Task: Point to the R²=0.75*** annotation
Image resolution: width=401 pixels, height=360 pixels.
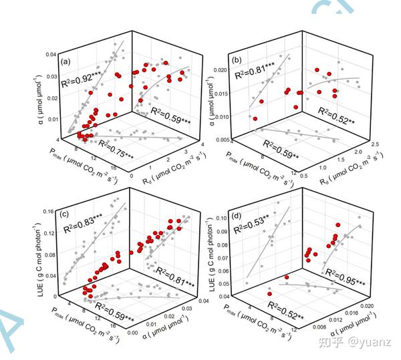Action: (115, 146)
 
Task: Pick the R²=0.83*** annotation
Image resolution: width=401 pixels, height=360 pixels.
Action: (84, 231)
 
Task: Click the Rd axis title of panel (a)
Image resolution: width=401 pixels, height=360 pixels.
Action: (169, 176)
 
